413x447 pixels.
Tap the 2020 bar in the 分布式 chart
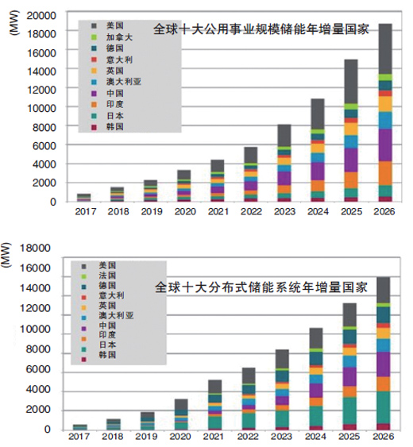pyautogui.click(x=182, y=414)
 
